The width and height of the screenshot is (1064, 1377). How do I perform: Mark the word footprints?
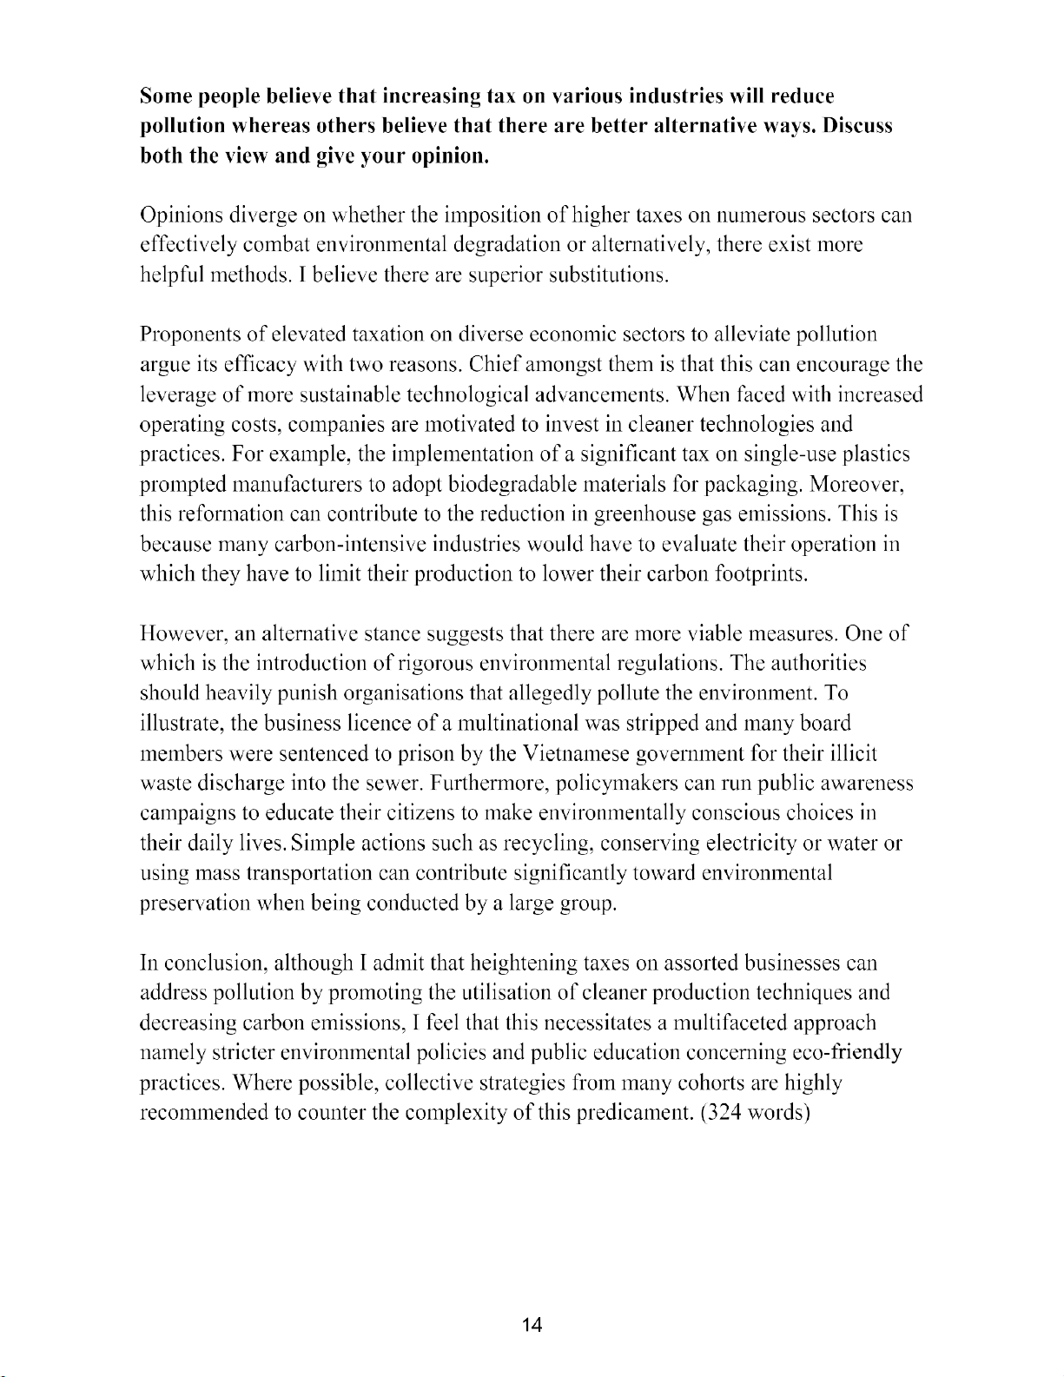coord(756,575)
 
